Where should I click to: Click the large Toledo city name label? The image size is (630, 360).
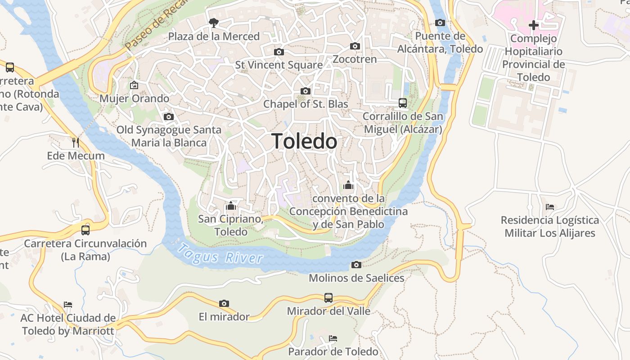[x=304, y=142]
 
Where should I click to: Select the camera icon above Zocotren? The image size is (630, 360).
[x=355, y=46]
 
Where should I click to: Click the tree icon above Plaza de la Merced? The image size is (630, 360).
[x=214, y=22]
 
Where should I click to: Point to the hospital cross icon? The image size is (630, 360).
[x=533, y=25]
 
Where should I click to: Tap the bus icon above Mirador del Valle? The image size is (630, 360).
[x=328, y=297]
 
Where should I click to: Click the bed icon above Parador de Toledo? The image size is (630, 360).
[x=333, y=338]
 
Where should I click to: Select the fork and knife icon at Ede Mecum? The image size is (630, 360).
[x=76, y=143]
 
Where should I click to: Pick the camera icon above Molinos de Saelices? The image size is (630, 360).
[x=356, y=265]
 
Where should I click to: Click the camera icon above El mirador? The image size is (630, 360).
[x=224, y=304]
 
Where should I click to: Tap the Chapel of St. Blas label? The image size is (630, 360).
[x=306, y=104]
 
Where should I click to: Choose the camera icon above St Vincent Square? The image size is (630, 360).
[x=279, y=52]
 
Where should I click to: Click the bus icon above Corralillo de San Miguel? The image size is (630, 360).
[x=403, y=103]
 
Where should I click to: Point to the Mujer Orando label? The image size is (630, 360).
[x=134, y=99]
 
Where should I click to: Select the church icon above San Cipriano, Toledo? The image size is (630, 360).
[x=231, y=206]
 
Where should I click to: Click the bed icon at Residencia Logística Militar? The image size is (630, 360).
[x=550, y=207]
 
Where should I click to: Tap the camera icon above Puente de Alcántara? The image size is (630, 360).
[x=440, y=22]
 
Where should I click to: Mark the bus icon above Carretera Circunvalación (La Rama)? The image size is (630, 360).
[x=85, y=230]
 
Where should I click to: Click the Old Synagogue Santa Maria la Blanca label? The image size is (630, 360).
[x=169, y=136]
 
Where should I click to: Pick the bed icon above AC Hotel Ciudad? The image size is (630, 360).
[x=68, y=305]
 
